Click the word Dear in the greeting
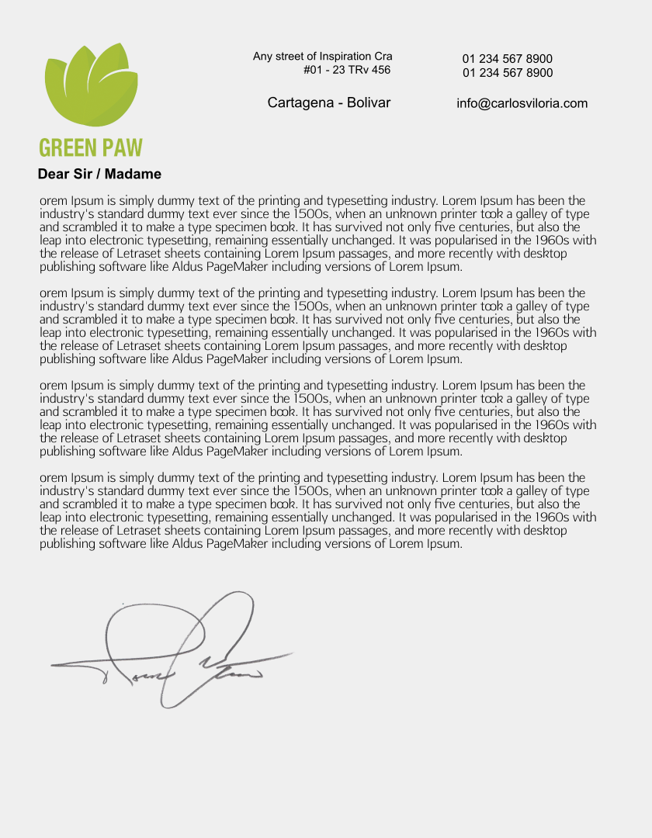click(54, 174)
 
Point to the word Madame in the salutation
click(133, 174)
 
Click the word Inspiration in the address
click(346, 57)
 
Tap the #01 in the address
click(313, 71)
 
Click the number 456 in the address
click(380, 71)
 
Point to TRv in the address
click(357, 71)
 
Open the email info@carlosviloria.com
click(522, 103)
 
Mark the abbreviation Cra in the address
click(383, 57)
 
